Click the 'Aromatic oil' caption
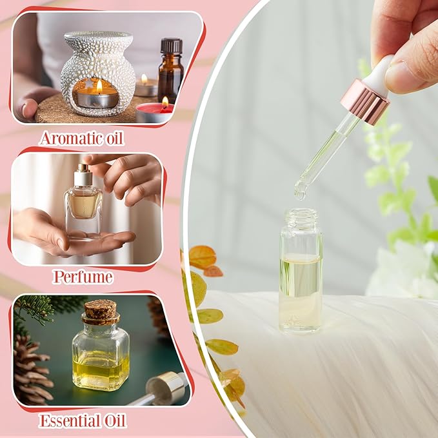pos(81,137)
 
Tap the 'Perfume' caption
pos(82,277)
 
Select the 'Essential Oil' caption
pos(82,421)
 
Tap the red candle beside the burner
pos(154,112)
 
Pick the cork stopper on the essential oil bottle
pos(100,312)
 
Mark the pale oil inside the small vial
pos(301,284)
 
